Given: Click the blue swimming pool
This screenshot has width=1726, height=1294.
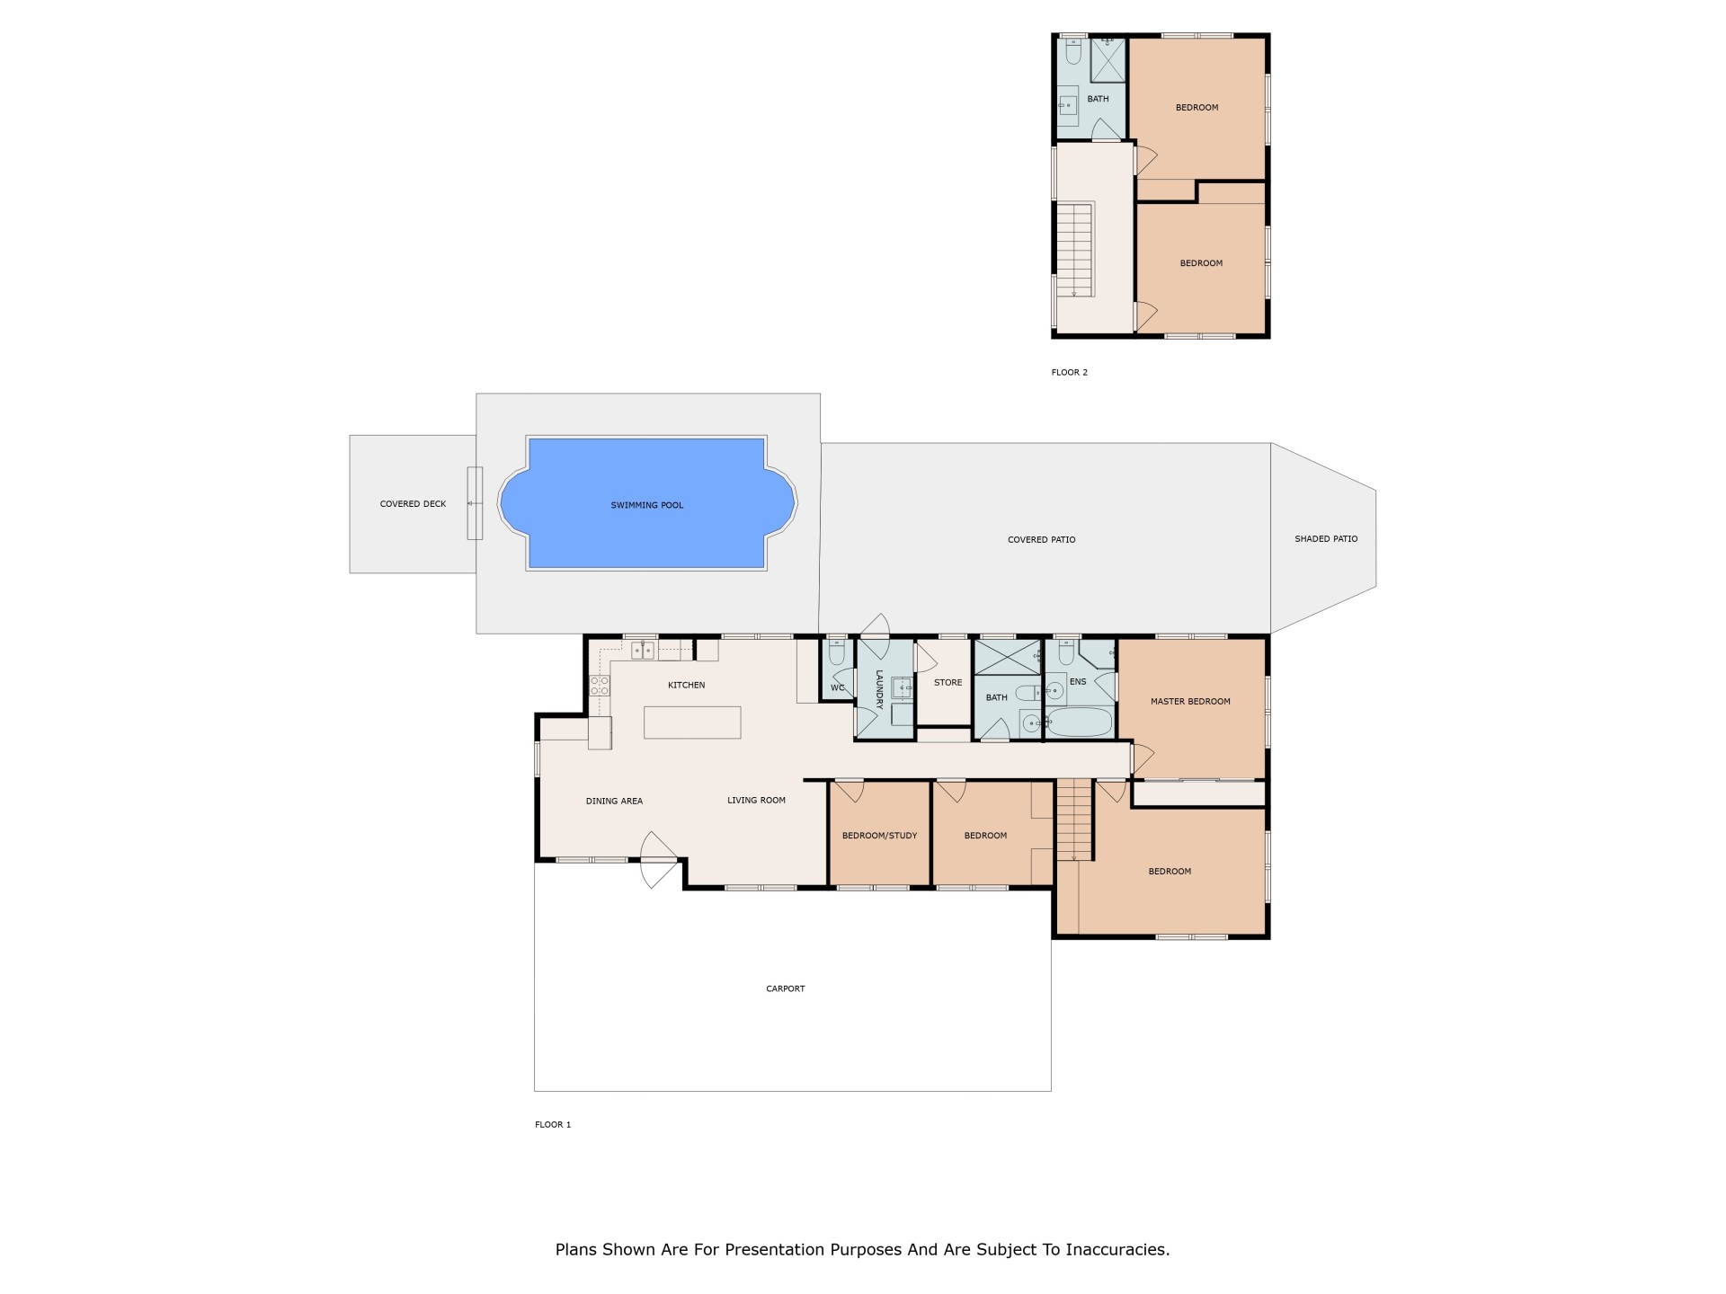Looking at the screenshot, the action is pos(647,503).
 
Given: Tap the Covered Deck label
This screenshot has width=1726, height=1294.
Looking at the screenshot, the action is pos(413,504).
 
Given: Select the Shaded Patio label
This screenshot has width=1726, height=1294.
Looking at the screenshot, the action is pos(1326,539).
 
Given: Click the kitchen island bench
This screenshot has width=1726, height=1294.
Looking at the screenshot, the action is pos(692,722).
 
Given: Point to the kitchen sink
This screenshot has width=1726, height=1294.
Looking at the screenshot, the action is pos(642,650).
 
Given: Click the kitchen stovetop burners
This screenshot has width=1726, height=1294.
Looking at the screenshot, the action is pos(600,687).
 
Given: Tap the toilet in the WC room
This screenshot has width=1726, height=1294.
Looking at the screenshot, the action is pos(837,651).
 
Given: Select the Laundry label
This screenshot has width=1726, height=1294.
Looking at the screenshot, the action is pos(880,689).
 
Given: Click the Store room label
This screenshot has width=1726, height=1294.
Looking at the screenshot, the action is pos(948,683).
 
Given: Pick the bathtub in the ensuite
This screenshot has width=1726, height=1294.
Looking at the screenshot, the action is pos(1079,722).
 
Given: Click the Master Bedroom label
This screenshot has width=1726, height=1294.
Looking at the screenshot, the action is pos(1190,702).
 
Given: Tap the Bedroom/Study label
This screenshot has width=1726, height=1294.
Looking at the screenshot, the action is pos(879,836).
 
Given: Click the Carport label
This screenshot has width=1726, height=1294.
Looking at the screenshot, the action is pos(785,988).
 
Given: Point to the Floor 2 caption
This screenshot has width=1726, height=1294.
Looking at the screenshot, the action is pos(1070,372).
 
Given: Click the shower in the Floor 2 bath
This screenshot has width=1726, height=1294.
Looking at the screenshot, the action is pos(1108,60).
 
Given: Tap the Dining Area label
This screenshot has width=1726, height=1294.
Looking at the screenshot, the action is pos(614,802).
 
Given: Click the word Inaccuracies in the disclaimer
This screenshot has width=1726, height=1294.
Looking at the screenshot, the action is pos(1117,1249).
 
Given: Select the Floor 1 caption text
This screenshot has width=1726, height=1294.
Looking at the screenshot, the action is pos(553,1125).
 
